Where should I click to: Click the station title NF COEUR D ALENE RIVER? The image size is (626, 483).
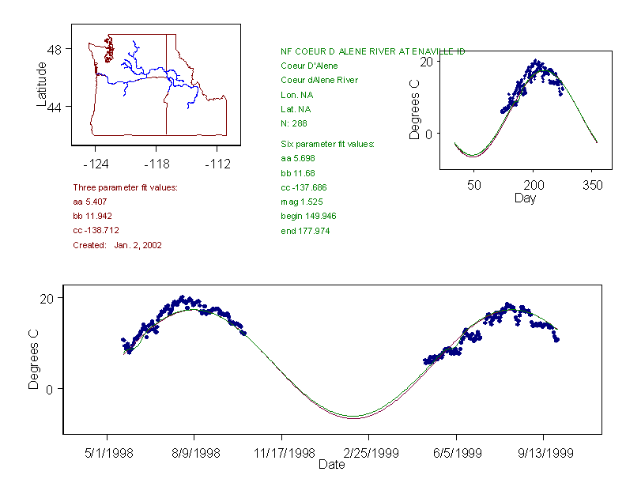(372, 51)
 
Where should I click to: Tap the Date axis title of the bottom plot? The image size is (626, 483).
(332, 465)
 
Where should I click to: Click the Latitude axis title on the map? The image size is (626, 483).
(42, 85)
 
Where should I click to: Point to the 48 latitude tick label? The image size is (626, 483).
(55, 49)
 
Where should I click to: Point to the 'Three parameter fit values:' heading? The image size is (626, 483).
(125, 187)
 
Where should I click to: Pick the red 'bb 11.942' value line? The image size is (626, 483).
(94, 216)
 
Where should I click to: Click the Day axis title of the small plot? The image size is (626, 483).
(525, 198)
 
